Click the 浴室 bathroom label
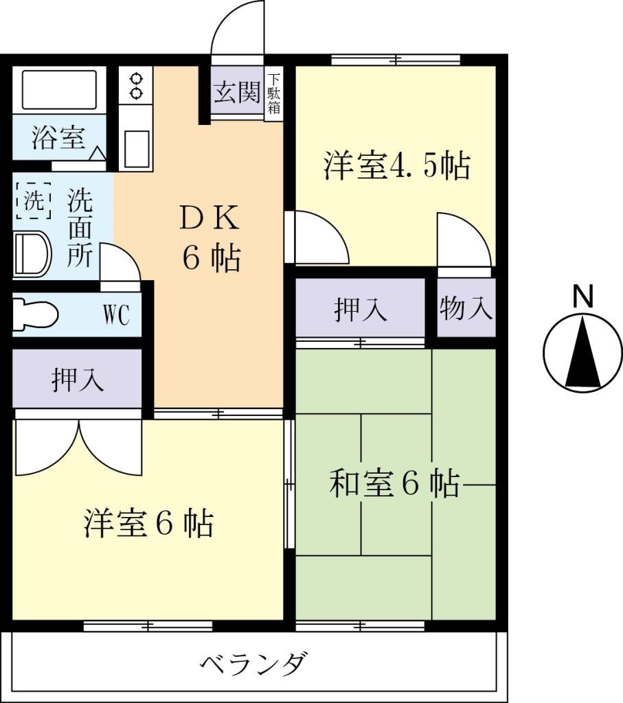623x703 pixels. point(58,138)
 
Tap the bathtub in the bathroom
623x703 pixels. point(60,89)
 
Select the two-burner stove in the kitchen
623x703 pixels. point(136,85)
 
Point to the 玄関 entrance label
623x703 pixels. point(236,93)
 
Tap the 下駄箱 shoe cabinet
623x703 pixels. point(273,93)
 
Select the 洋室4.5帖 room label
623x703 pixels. point(396,166)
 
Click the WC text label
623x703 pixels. point(116,316)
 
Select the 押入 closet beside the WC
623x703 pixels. point(78,379)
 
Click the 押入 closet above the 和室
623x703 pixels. point(361,309)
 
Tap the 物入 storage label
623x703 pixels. point(466,309)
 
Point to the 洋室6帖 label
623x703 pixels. point(148,525)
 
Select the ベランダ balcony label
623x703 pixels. point(253,665)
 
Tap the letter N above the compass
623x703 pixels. point(583,297)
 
